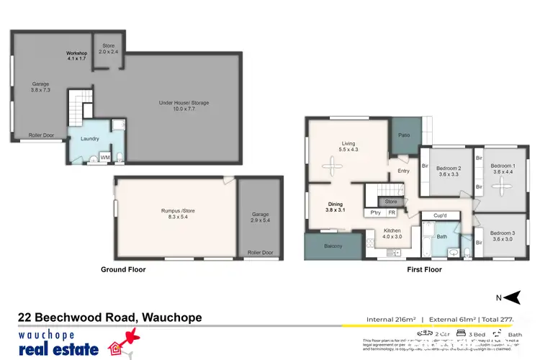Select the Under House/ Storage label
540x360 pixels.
184,107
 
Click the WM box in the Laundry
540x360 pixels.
104,156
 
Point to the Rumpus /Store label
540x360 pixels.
177,215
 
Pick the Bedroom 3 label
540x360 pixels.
503,236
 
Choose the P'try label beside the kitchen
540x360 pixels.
376,212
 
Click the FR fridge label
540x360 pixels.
392,212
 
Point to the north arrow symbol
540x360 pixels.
512,297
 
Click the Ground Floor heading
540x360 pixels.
123,269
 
